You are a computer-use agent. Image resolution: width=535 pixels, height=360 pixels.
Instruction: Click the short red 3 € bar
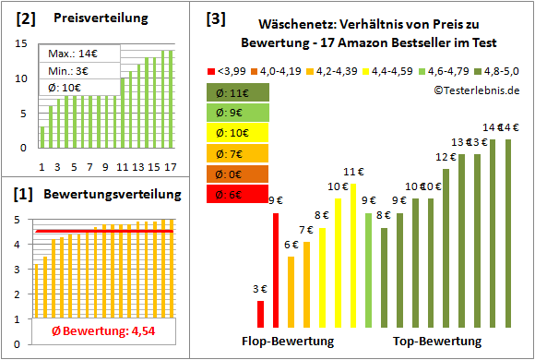pyautogui.click(x=260, y=314)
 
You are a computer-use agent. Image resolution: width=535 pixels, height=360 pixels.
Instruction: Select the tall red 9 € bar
pyautogui.click(x=276, y=270)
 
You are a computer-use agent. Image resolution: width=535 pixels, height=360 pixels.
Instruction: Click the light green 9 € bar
pyautogui.click(x=369, y=270)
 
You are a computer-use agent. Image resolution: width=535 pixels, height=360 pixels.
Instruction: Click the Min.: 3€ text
pyautogui.click(x=66, y=71)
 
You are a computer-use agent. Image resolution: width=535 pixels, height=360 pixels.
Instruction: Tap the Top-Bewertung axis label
pyautogui.click(x=437, y=342)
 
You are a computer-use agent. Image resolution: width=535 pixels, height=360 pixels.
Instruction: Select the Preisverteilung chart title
pyautogui.click(x=91, y=18)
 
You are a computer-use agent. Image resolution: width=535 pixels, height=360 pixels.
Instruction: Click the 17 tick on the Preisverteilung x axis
pyautogui.click(x=171, y=167)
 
